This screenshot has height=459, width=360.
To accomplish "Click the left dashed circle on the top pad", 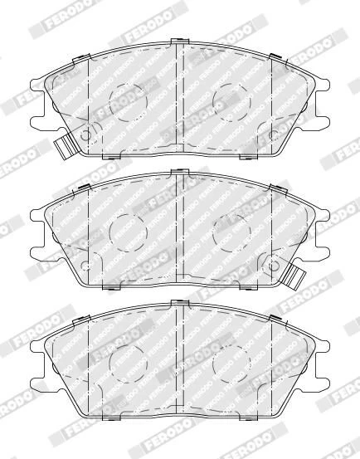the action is coord(109,102).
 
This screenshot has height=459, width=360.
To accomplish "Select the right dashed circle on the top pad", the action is coord(212,102).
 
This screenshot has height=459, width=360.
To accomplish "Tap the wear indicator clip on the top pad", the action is coord(66,145).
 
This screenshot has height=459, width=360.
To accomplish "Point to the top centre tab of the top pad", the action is coord(179,42).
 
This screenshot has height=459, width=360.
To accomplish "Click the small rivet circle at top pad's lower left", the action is coord(85,135).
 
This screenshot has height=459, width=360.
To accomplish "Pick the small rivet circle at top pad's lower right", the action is coord(274,135).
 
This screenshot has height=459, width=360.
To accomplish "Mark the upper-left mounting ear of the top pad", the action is coord(38,85).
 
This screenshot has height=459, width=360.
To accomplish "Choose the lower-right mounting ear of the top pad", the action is coord(322,123).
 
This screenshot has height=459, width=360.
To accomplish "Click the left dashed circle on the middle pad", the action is coord(109,232).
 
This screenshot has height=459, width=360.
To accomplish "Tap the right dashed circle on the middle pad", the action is coord(212,232).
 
